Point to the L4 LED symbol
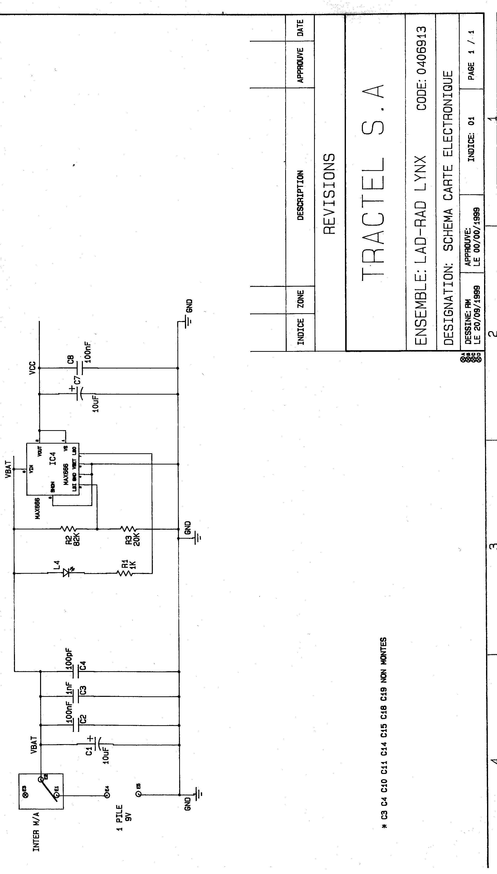67,573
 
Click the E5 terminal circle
138,795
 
